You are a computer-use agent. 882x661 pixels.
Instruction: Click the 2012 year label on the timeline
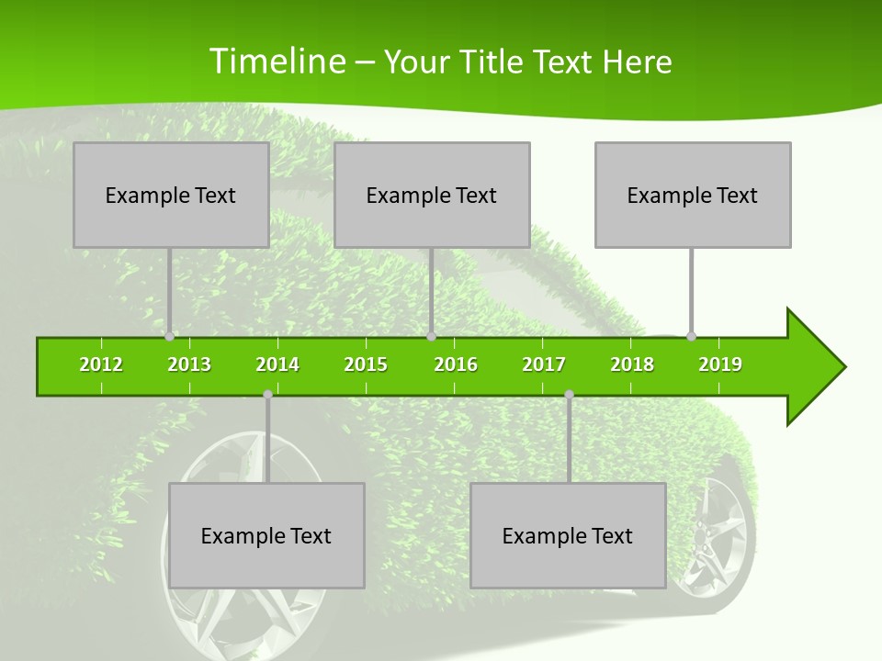pyautogui.click(x=101, y=364)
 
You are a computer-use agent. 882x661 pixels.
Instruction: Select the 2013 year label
pyautogui.click(x=189, y=364)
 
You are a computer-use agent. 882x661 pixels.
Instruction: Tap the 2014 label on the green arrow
pyautogui.click(x=277, y=364)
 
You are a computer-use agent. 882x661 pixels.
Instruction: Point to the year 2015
pyautogui.click(x=366, y=364)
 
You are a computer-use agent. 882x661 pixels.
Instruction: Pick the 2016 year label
pyautogui.click(x=456, y=364)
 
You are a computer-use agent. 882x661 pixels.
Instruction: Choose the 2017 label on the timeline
pyautogui.click(x=544, y=364)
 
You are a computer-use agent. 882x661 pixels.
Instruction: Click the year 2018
pyautogui.click(x=632, y=364)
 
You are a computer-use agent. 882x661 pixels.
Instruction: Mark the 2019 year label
pyautogui.click(x=720, y=364)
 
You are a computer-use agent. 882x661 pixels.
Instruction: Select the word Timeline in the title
pyautogui.click(x=276, y=62)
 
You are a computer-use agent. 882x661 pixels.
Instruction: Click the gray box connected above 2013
pyautogui.click(x=171, y=195)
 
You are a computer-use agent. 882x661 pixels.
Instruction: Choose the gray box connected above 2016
pyautogui.click(x=432, y=195)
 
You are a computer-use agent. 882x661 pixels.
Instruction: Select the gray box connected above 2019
pyautogui.click(x=693, y=195)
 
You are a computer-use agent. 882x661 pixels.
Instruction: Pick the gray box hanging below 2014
pyautogui.click(x=266, y=535)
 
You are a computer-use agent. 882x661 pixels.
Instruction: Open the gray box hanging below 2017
pyautogui.click(x=568, y=535)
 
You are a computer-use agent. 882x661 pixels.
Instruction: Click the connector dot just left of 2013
pyautogui.click(x=169, y=337)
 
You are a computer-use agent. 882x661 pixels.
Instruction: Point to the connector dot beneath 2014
pyautogui.click(x=267, y=395)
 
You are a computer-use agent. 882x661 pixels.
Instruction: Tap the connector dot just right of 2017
pyautogui.click(x=569, y=395)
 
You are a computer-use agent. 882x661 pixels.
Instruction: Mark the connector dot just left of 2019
pyautogui.click(x=691, y=336)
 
